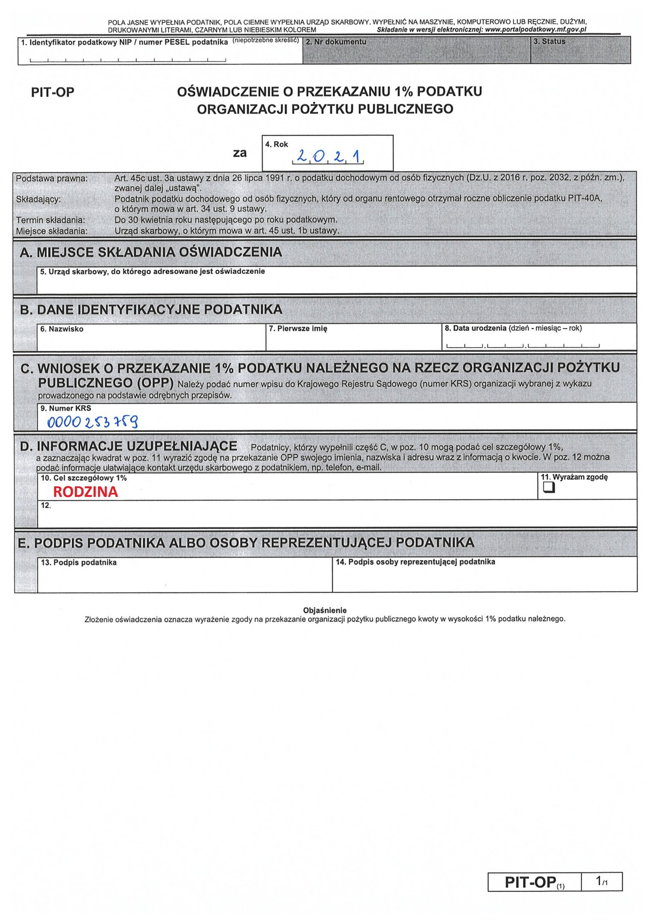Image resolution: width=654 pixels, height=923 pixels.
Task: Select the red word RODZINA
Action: click(85, 492)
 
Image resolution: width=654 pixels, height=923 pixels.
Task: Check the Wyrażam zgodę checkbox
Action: click(549, 487)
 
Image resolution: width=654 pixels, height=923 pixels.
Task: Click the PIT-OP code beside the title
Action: click(53, 92)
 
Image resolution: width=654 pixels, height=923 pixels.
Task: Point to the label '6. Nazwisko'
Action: click(62, 329)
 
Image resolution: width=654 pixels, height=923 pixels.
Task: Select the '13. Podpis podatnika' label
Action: click(78, 562)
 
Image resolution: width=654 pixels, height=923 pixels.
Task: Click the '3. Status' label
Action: click(549, 42)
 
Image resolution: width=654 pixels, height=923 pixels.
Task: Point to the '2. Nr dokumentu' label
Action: click(336, 42)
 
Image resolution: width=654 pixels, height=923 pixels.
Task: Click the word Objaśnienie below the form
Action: click(325, 610)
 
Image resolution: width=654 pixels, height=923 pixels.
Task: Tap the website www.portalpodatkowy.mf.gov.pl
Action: click(535, 30)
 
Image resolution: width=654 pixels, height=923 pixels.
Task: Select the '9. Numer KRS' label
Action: click(66, 408)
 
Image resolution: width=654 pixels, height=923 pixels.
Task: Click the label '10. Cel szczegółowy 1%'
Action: click(84, 478)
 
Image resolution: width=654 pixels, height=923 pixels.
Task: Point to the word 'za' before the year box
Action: click(240, 154)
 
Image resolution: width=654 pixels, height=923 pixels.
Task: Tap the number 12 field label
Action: click(46, 506)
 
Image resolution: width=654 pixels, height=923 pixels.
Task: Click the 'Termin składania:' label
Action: click(51, 220)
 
